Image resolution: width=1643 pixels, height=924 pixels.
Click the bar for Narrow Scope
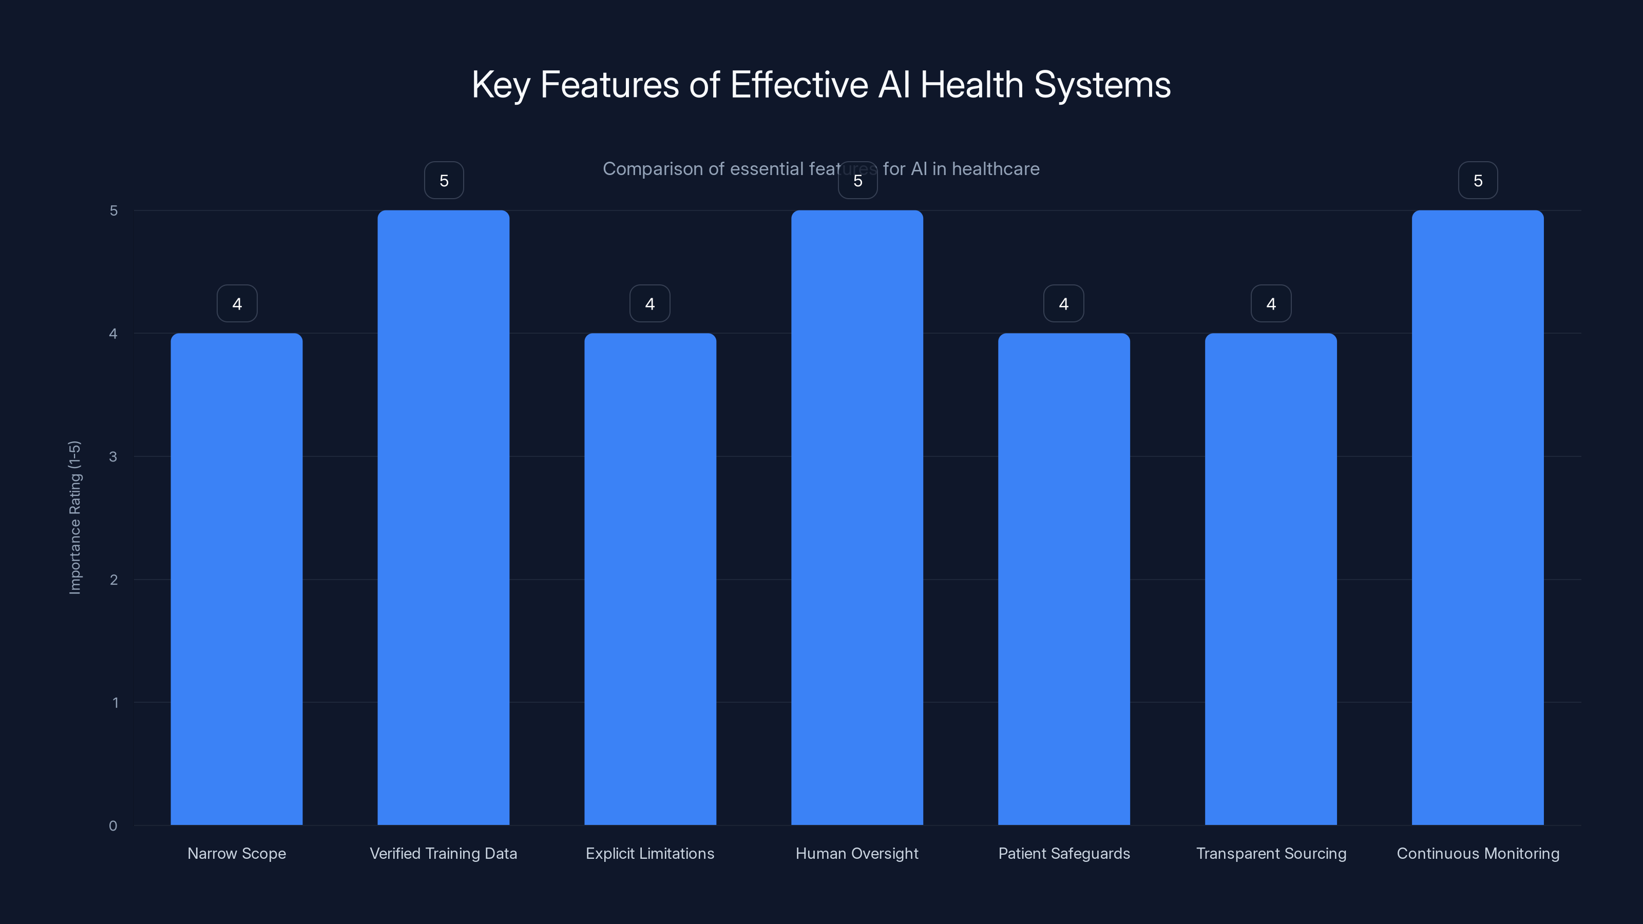pos(237,579)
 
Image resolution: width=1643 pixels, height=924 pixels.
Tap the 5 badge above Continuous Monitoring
pos(1478,181)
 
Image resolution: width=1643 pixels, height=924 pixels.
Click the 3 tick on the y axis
pos(113,456)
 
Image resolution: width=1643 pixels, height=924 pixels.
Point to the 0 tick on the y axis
pos(113,826)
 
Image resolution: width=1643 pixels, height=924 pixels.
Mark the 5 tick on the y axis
pos(113,210)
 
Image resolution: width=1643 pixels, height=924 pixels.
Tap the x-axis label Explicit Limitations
pos(650,853)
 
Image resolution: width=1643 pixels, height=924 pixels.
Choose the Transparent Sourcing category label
pos(1271,853)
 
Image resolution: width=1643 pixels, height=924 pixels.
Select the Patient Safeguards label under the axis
pos(1063,853)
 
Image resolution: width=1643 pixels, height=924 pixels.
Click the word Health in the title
pos(971,85)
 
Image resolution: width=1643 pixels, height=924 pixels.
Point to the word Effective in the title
pos(798,85)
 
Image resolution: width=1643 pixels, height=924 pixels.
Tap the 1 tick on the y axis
pos(115,703)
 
